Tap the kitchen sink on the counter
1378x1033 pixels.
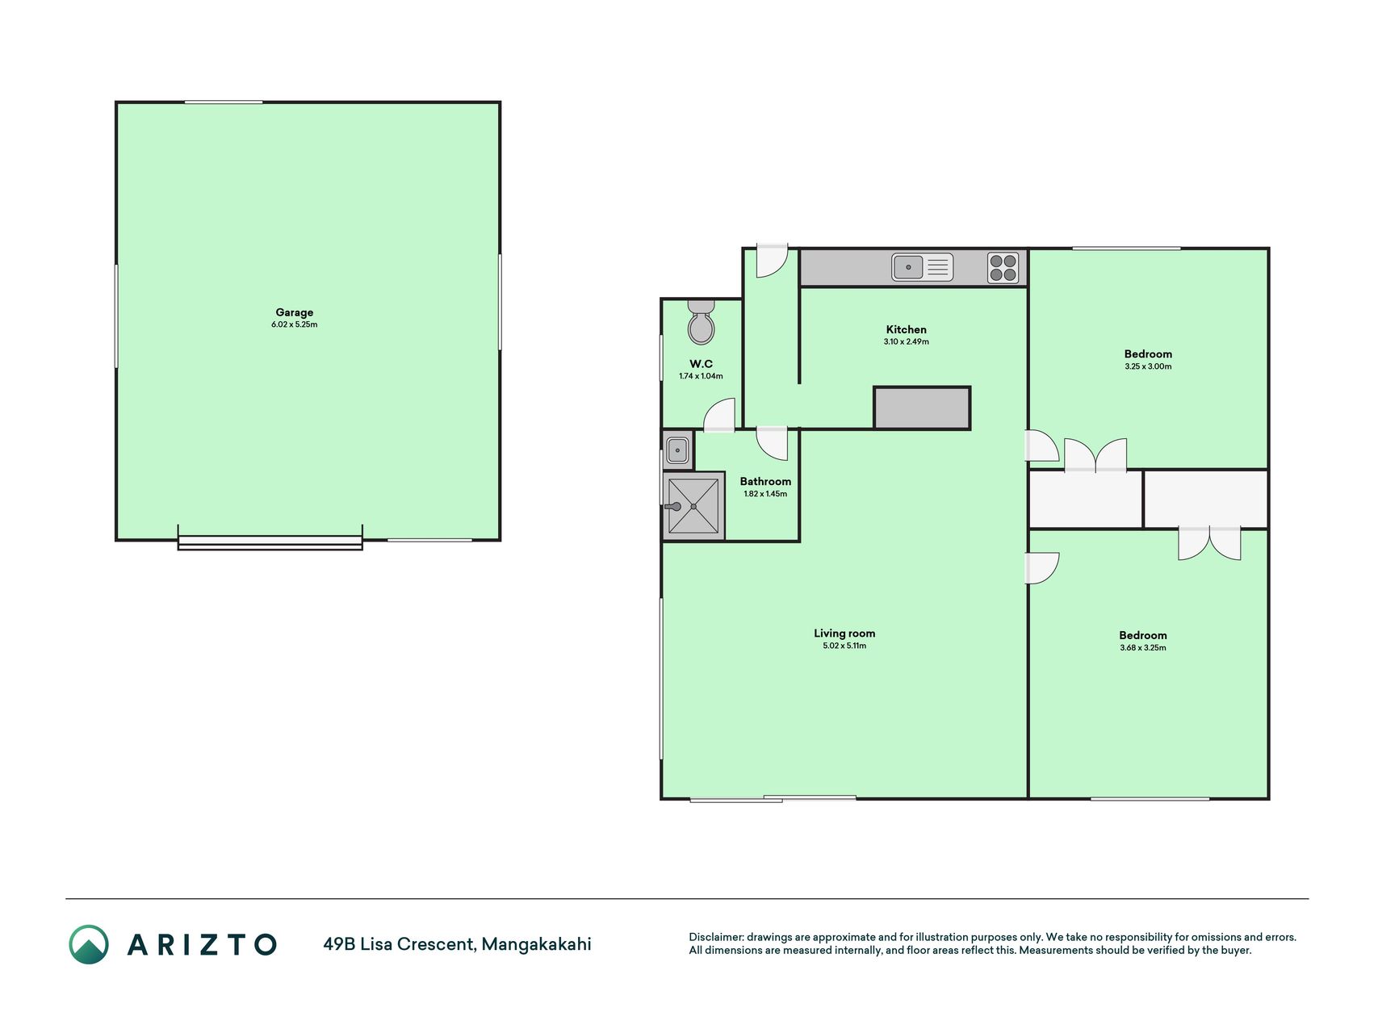(922, 267)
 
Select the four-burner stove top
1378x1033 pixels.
(1003, 268)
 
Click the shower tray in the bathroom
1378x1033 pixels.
(693, 506)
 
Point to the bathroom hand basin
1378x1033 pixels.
(677, 449)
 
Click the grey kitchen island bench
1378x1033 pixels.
(922, 408)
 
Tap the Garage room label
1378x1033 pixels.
(295, 312)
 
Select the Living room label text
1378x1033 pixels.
(844, 634)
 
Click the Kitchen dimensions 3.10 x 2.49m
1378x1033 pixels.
(906, 341)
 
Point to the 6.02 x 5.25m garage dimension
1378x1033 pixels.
(295, 324)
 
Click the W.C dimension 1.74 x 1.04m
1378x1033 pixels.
(701, 376)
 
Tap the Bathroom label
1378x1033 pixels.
(765, 482)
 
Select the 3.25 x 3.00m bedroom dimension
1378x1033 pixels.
(1148, 366)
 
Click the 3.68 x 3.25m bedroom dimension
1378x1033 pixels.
(1143, 647)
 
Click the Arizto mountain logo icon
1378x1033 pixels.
(89, 944)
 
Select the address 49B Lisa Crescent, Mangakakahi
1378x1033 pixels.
(457, 943)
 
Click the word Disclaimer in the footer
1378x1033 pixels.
(716, 937)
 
